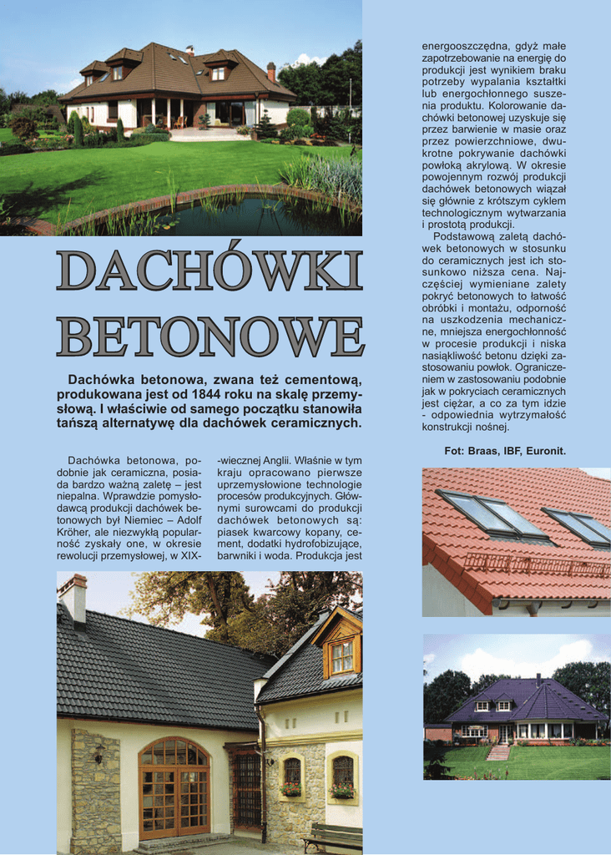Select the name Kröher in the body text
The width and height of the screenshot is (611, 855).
click(77, 532)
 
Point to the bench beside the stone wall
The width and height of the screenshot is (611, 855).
click(332, 837)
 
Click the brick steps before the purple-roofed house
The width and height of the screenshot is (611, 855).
click(498, 751)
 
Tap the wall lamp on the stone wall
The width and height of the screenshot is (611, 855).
click(99, 753)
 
